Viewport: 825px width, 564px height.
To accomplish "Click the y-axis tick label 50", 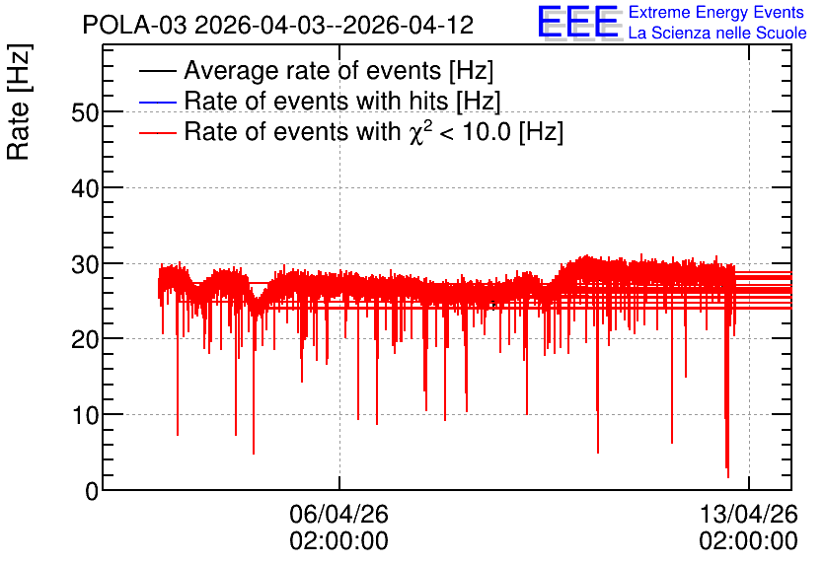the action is [85, 112].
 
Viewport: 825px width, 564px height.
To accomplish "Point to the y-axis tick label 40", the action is [85, 188].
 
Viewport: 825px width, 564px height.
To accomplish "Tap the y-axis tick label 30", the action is [85, 264].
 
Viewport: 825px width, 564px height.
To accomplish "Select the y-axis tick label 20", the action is [85, 340].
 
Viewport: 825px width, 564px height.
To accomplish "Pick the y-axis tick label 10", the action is [85, 416].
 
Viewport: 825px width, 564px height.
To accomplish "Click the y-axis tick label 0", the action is [92, 491].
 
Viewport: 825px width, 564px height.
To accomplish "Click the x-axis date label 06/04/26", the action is [338, 514].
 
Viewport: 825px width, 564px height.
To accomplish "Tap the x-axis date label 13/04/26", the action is [749, 514].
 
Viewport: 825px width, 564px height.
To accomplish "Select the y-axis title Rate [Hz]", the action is [19, 102].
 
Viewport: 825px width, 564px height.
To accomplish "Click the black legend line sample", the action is [157, 71].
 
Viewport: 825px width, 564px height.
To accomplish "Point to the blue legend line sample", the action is [157, 102].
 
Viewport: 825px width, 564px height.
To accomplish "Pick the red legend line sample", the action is [157, 132].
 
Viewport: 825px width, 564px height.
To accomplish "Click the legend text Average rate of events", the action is [313, 70].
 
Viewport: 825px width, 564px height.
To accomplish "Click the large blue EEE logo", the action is [579, 22].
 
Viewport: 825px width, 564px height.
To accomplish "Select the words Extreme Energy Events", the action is [716, 12].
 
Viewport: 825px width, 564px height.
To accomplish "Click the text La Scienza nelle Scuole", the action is [717, 34].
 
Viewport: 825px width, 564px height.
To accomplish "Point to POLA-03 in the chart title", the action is [134, 25].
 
